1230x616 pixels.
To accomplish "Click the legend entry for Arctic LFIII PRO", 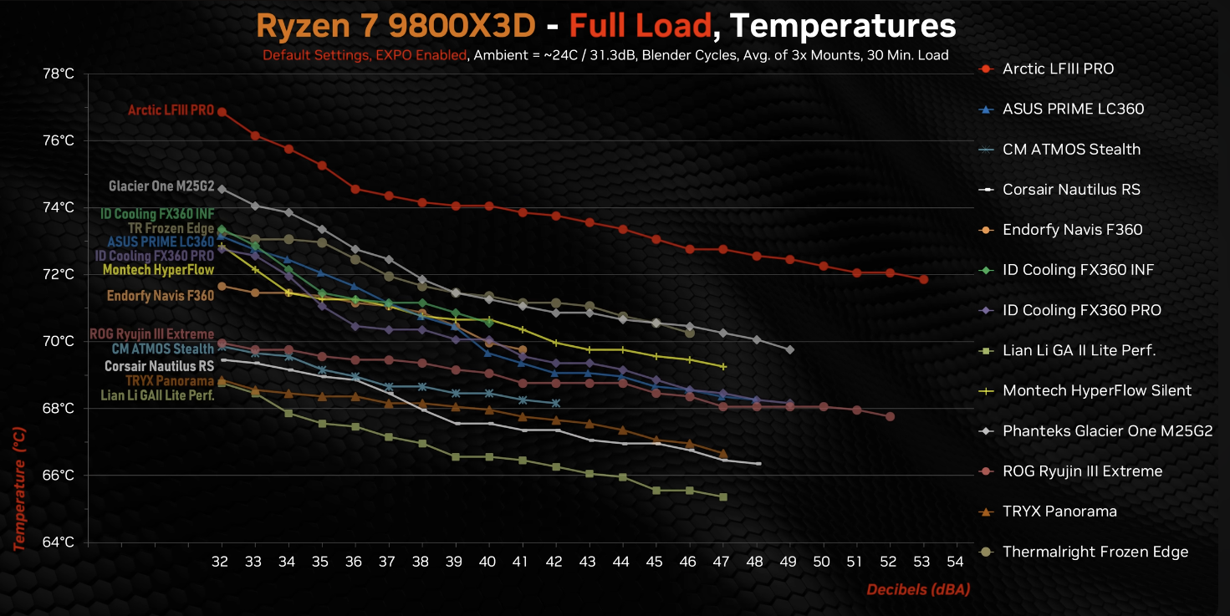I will tap(1058, 69).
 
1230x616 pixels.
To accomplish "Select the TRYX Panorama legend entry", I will tap(1059, 512).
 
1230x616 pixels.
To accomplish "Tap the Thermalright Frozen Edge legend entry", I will tap(1095, 552).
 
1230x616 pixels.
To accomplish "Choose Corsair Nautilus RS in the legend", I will tap(1071, 190).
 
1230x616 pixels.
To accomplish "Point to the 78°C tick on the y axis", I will tap(58, 74).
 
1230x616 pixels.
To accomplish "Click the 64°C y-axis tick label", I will tap(58, 542).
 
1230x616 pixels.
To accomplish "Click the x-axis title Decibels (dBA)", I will tap(917, 590).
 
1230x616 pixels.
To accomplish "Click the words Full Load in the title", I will tap(640, 27).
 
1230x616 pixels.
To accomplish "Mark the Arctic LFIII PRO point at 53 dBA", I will tap(923, 279).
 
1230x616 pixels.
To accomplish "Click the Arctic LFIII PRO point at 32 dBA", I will tap(222, 111).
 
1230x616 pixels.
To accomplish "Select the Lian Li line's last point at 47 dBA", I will tap(722, 496).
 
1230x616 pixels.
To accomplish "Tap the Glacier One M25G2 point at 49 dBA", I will tap(789, 349).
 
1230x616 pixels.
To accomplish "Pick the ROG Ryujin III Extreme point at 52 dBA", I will tap(890, 416).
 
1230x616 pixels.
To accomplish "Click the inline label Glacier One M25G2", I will tap(161, 186).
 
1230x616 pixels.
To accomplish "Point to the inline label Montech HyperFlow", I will tap(158, 270).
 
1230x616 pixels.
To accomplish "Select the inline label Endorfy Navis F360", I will tap(161, 295).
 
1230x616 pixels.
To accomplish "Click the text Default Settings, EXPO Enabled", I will tap(365, 56).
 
